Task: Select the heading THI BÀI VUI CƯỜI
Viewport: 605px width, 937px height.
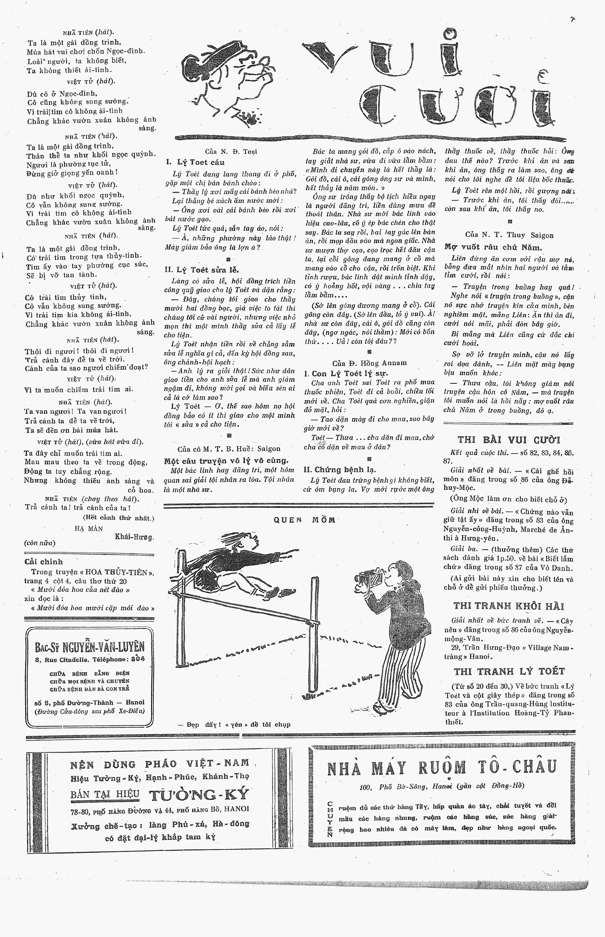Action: pos(509,440)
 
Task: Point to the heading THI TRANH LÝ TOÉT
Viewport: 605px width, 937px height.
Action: pos(509,671)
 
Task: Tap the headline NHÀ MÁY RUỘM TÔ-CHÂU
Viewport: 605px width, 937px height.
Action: pos(442,768)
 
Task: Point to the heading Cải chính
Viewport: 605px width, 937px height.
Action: pos(43,562)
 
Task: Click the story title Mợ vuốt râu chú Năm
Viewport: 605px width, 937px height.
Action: pos(493,247)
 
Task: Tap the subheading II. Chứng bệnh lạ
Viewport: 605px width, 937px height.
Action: pos(340,469)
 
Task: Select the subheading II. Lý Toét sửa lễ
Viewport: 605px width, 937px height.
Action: pos(201,270)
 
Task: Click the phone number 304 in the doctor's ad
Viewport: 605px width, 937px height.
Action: pos(138,659)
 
